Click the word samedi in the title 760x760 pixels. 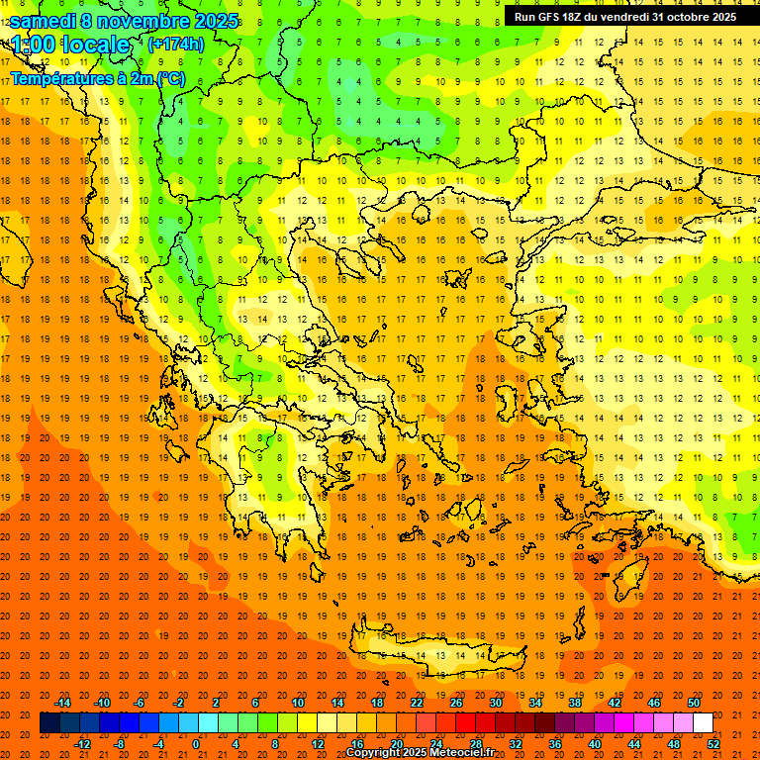(43, 21)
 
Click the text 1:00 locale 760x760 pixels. (71, 46)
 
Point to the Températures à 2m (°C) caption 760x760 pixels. (97, 78)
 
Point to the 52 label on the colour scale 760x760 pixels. (713, 743)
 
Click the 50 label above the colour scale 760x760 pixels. (694, 703)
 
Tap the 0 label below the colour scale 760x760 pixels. (196, 743)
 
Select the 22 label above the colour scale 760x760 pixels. (417, 703)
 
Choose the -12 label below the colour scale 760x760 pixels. (83, 743)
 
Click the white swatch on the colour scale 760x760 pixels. (703, 723)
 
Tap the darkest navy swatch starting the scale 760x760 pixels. (49, 723)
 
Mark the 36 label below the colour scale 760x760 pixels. (555, 743)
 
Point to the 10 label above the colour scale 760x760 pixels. (298, 703)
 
